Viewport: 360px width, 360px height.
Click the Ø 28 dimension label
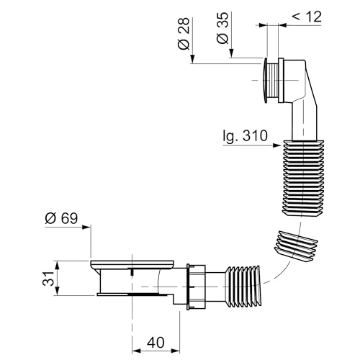pos(184,34)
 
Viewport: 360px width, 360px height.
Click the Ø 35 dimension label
pos(222,28)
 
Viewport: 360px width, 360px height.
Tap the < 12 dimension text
pos(307,17)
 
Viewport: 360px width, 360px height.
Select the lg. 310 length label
pos(245,136)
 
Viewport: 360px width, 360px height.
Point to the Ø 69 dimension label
pos(62,218)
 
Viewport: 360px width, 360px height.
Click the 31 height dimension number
pos(48,279)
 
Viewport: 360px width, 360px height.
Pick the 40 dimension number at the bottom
pos(156,342)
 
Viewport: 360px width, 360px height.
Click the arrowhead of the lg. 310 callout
pos(276,145)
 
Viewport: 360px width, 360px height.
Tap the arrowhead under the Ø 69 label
pos(86,227)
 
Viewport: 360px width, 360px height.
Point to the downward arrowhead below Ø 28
pos(193,59)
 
